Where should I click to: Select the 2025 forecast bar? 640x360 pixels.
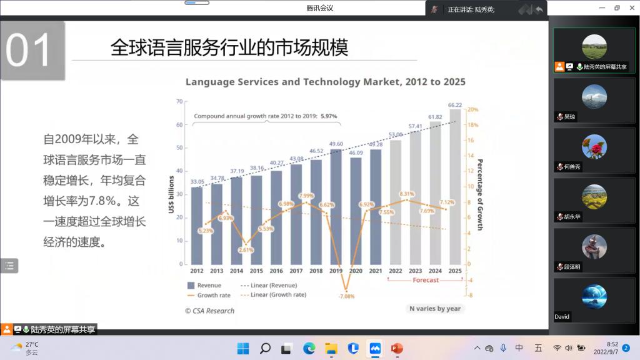point(455,187)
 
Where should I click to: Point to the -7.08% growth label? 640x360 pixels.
point(346,296)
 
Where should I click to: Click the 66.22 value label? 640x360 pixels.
point(455,105)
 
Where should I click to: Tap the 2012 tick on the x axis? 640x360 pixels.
point(197,271)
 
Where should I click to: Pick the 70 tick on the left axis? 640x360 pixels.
point(179,101)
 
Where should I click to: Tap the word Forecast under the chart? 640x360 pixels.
point(426,280)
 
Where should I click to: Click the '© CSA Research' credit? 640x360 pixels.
point(210,311)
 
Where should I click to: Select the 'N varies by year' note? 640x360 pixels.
point(434,309)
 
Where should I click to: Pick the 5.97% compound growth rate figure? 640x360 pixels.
point(329,116)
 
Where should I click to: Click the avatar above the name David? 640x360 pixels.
point(594,297)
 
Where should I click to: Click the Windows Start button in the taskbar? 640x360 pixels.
point(243,348)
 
